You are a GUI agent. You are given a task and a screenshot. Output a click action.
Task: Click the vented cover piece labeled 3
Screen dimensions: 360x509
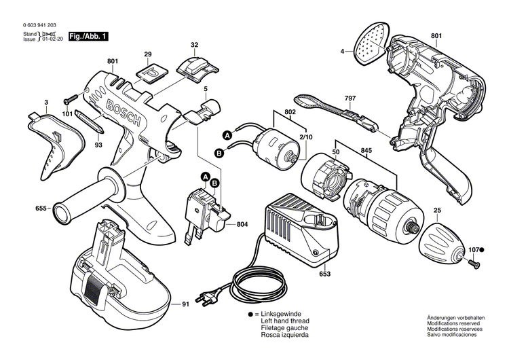pos(57,139)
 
